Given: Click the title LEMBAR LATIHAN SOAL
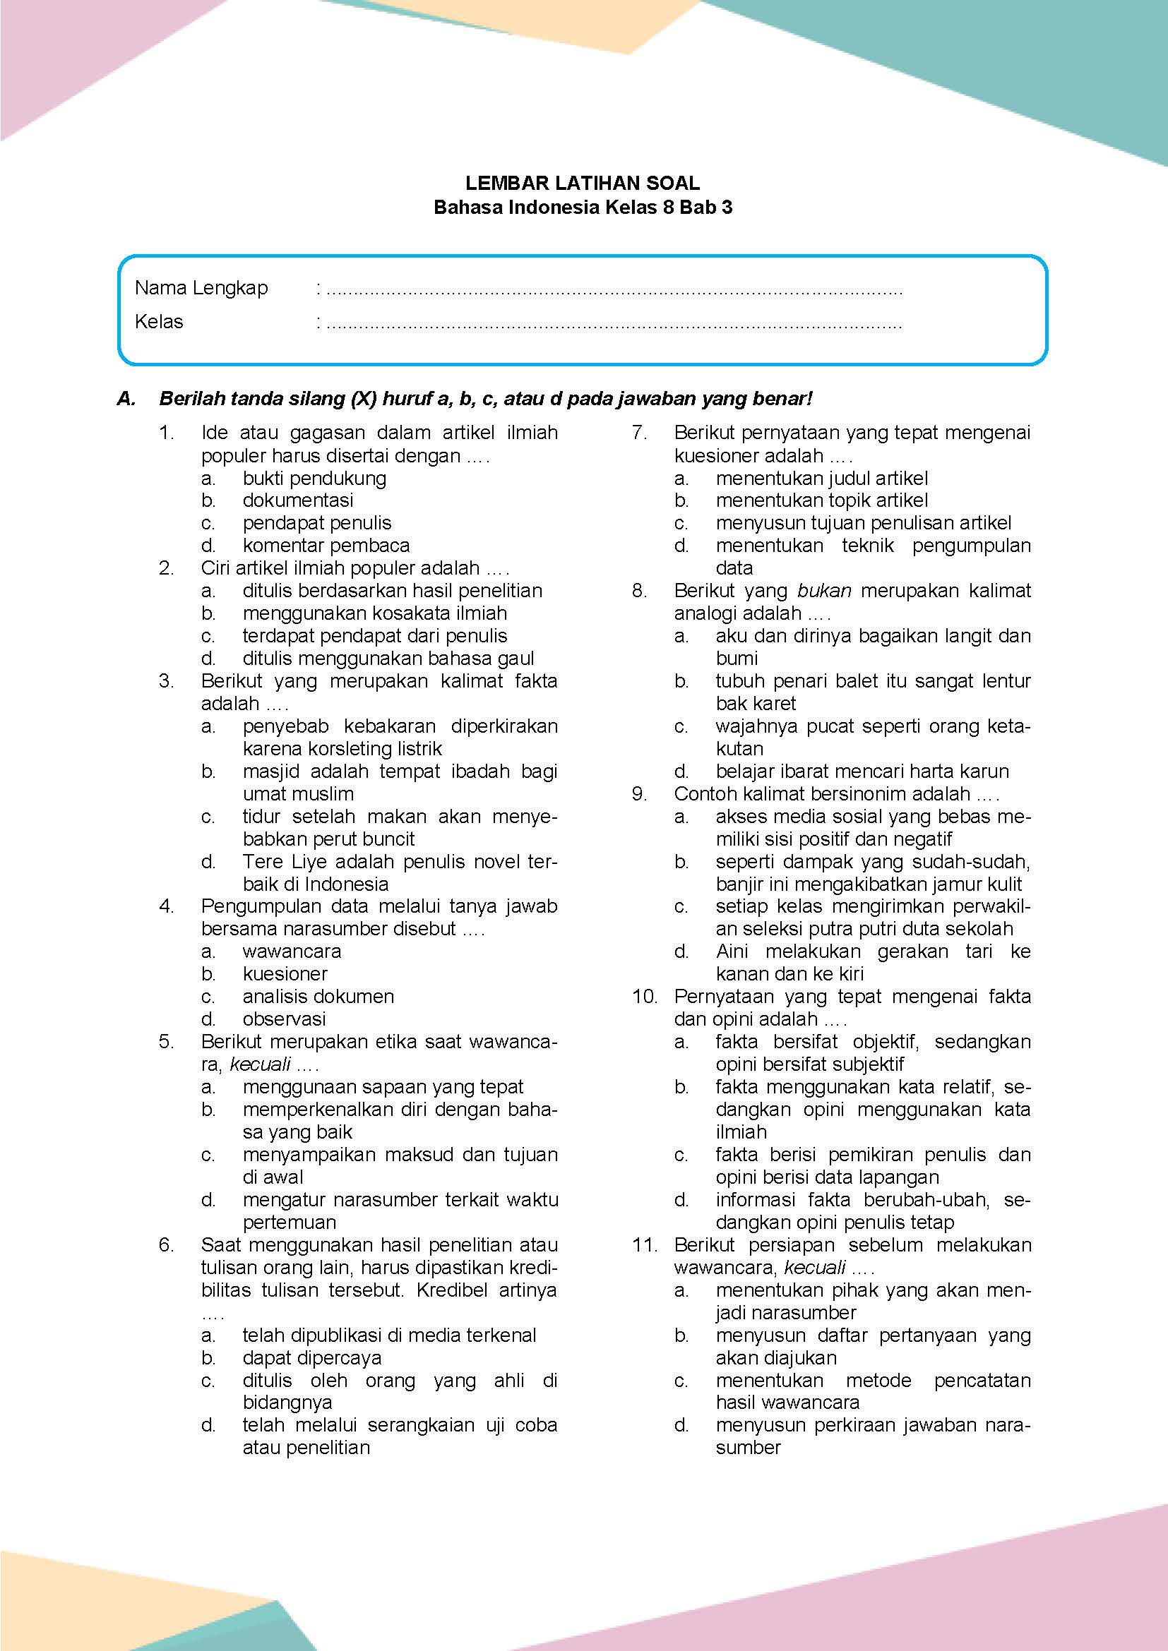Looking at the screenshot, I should [x=583, y=183].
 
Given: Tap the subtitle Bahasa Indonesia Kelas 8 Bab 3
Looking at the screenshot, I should [x=583, y=208].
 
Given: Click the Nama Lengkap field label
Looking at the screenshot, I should [x=201, y=289].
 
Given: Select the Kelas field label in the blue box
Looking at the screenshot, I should [x=159, y=321].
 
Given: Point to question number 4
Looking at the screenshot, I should [x=166, y=906].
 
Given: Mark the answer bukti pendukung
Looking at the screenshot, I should [x=314, y=478].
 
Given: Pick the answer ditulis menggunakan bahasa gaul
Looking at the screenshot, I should [x=388, y=658].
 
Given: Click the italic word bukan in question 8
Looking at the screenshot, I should [x=824, y=591].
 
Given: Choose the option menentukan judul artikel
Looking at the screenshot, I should [x=821, y=478].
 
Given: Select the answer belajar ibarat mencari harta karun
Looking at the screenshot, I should [x=862, y=772].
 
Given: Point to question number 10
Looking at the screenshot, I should [x=645, y=997].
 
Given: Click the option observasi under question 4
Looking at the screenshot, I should [x=284, y=1019].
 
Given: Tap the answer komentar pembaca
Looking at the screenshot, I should [x=326, y=546].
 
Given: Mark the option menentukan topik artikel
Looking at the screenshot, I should [x=821, y=500].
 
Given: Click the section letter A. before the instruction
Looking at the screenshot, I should [x=126, y=398].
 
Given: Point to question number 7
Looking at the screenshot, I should [x=639, y=433].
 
